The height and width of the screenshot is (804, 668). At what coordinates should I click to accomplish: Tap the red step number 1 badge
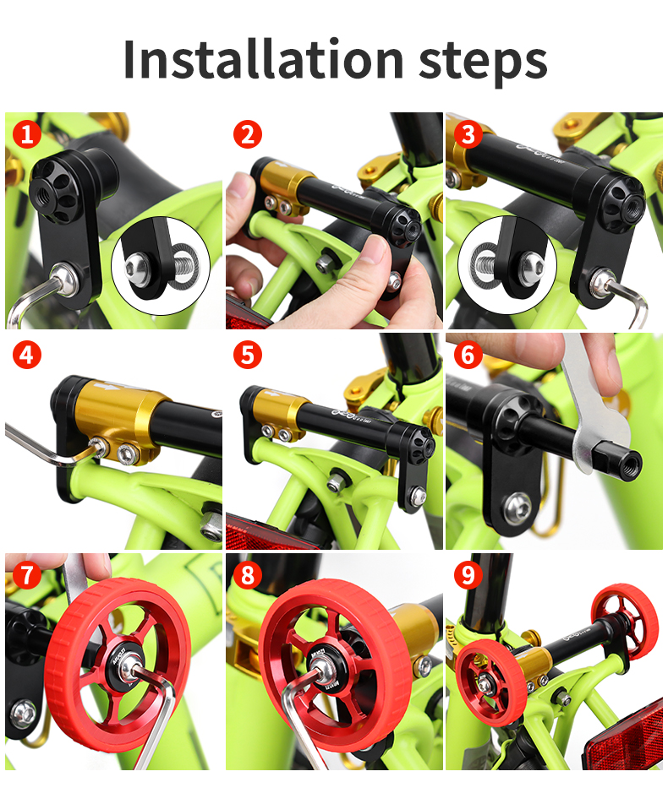[27, 133]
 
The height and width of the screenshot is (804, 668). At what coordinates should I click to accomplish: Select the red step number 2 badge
[247, 133]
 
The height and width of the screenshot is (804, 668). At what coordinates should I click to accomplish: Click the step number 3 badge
[468, 133]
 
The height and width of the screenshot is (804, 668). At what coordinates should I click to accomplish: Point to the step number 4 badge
[27, 354]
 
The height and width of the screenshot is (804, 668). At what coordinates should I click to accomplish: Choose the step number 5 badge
[247, 354]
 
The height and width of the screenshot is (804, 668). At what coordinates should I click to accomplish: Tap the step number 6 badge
[468, 354]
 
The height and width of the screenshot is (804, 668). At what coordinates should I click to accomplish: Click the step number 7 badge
[27, 575]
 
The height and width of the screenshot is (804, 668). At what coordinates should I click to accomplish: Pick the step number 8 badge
[247, 575]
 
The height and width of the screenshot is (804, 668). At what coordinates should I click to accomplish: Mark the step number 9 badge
[468, 575]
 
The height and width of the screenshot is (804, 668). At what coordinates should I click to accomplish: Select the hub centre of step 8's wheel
[323, 675]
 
